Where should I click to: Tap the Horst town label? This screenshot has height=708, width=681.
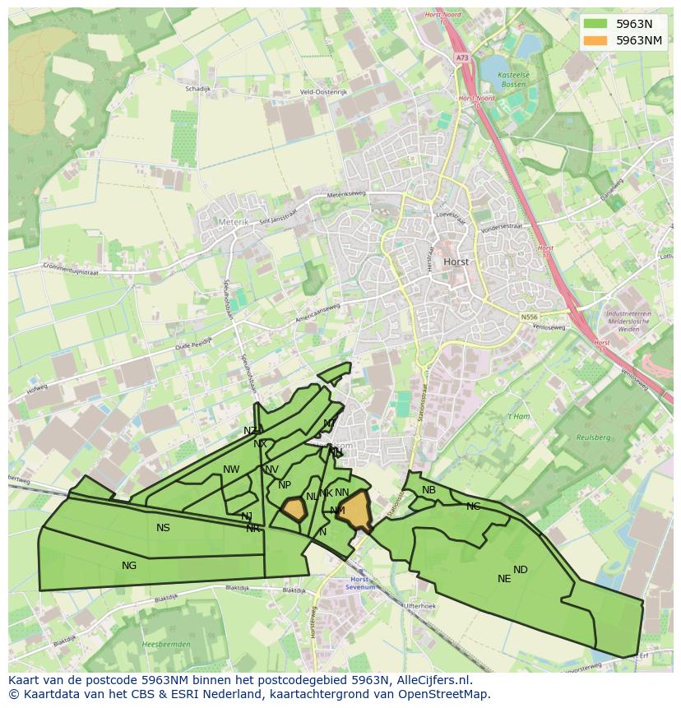(456, 261)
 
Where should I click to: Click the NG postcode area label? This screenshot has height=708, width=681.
(129, 565)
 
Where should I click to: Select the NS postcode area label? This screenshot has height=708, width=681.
(163, 527)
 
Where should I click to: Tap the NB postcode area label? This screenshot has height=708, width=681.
(429, 490)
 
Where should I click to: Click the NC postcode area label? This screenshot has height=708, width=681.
(473, 506)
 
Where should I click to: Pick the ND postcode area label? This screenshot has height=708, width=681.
(521, 569)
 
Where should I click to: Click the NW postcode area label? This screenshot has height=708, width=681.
(231, 470)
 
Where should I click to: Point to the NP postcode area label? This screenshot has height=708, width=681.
(285, 485)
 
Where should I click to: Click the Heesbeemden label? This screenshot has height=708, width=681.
(166, 644)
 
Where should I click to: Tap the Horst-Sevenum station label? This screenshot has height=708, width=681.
(359, 584)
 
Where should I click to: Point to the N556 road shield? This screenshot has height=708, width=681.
(528, 316)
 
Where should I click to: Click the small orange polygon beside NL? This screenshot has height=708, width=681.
(294, 509)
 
